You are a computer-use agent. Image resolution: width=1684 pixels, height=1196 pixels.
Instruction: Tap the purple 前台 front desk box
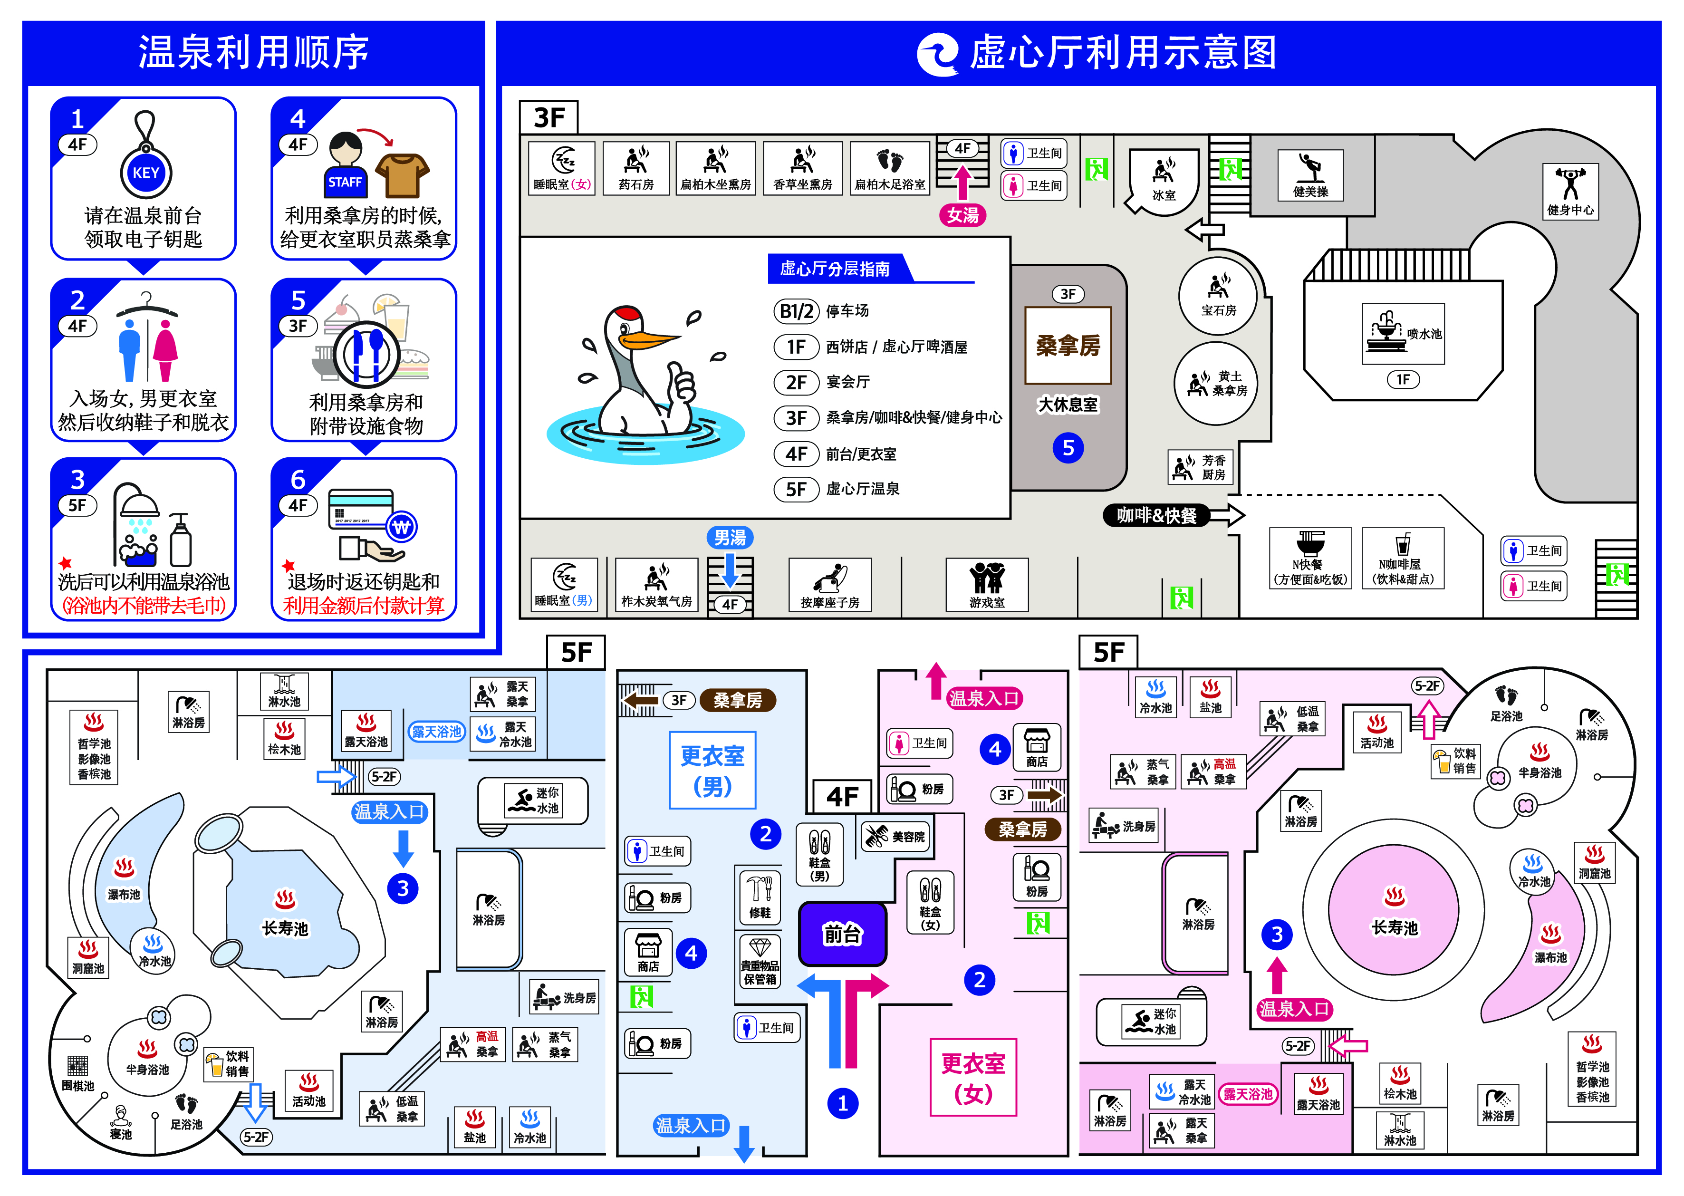coord(842,934)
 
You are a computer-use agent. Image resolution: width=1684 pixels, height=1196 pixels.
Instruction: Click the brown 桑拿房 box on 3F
coord(1068,346)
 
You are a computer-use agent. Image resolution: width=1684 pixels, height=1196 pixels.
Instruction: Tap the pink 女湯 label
coord(962,215)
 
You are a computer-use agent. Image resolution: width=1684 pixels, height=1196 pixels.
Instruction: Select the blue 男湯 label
coord(730,538)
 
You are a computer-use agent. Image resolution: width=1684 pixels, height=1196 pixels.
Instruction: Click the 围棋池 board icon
coord(77,1066)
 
